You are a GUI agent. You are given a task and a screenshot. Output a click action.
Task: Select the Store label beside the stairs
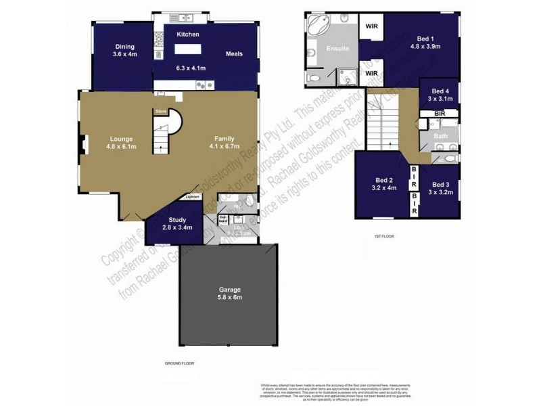(x=160, y=111)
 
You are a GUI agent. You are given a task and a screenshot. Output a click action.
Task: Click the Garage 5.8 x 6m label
(x=229, y=294)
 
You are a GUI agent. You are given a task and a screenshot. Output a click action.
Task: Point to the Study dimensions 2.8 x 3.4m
(x=177, y=227)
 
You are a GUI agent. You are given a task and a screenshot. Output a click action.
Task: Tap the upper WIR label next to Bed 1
(x=371, y=28)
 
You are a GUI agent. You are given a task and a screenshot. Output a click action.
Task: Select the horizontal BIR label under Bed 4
(x=440, y=113)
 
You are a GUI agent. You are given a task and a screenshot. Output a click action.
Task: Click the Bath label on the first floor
(x=440, y=136)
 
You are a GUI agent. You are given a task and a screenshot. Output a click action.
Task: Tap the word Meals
(x=234, y=54)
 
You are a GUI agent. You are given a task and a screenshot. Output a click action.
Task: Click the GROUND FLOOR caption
(x=179, y=363)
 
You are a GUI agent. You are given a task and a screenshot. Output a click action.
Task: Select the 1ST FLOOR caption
(x=385, y=237)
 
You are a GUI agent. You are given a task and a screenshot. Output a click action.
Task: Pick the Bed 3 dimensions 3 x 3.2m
(x=441, y=192)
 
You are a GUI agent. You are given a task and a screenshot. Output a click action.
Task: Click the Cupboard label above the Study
(x=192, y=198)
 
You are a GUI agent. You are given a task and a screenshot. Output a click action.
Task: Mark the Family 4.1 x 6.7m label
(x=224, y=142)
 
